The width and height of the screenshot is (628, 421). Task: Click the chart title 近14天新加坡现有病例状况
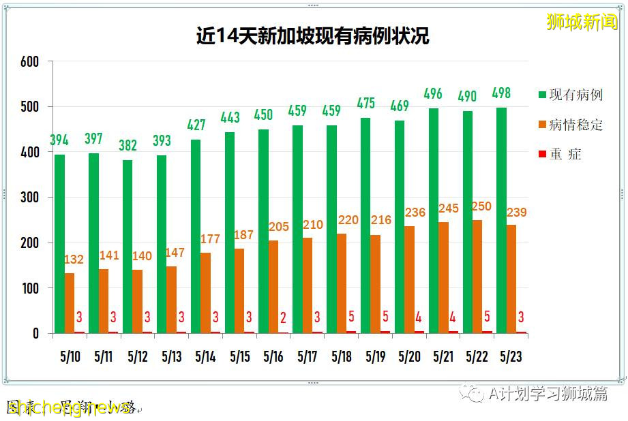pos(313,36)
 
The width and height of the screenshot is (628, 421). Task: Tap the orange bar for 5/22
pos(477,277)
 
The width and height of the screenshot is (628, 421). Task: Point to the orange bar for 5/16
pos(273,286)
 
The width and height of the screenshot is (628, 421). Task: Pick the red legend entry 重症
pos(565,154)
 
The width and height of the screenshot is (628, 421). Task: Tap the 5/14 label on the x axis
pos(205,356)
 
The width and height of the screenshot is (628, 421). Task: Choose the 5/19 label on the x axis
pos(375,356)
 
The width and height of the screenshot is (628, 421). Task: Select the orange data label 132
pos(74,260)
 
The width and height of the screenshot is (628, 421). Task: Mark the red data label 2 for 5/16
pos(282,318)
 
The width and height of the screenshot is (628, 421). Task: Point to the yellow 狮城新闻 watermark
pos(582,22)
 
